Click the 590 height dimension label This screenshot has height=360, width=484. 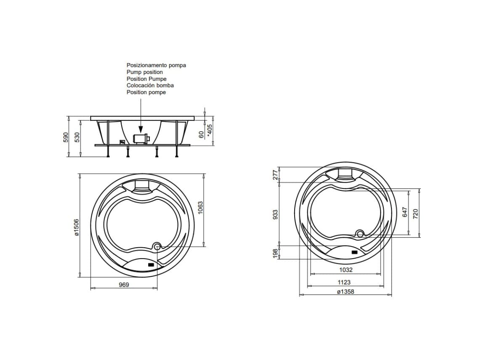tap(65, 137)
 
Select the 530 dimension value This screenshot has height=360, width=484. tap(77, 137)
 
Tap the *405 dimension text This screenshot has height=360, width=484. tap(210, 130)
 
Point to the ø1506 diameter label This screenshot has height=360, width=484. tap(77, 227)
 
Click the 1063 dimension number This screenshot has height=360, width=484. tap(200, 208)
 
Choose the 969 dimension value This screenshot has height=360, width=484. tap(124, 285)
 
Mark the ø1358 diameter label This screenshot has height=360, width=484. tap(346, 291)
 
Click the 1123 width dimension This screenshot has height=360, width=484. tap(344, 282)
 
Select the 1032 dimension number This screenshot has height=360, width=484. tap(346, 270)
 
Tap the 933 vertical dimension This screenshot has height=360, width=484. tap(275, 214)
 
